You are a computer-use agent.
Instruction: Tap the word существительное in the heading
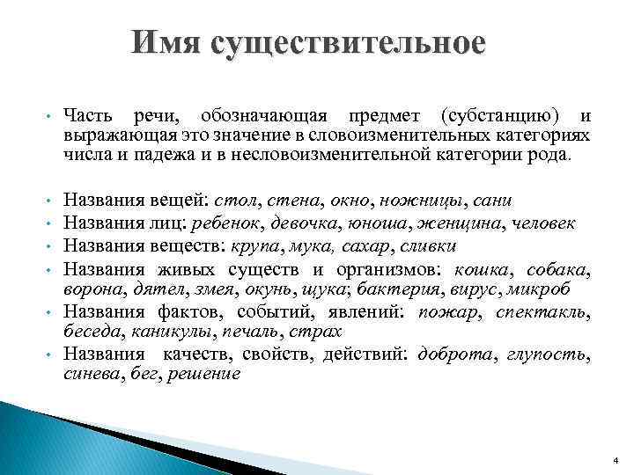(x=347, y=43)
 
